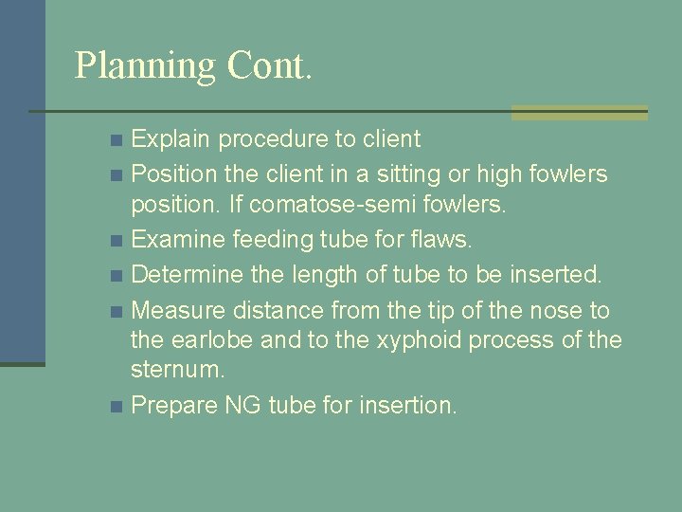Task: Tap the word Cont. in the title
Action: (269, 65)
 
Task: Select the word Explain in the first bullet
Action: (171, 139)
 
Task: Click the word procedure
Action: (275, 139)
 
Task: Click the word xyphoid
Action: (396, 339)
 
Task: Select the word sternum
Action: (178, 369)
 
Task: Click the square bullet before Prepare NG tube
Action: (116, 407)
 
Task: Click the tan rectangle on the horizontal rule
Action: (579, 112)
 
